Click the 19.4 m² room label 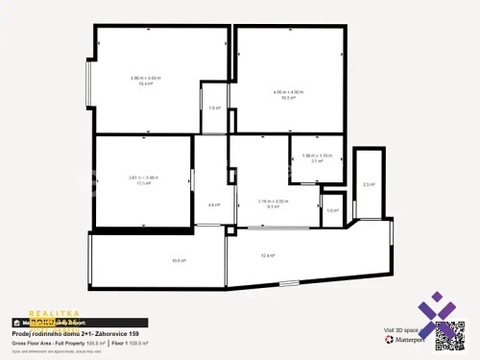147,84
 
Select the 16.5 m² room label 288,97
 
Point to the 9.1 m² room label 274,205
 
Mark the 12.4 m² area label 268,255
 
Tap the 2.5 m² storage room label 368,184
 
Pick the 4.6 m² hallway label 213,204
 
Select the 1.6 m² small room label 214,108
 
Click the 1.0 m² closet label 331,210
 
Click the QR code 449,333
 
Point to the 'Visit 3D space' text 401,331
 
